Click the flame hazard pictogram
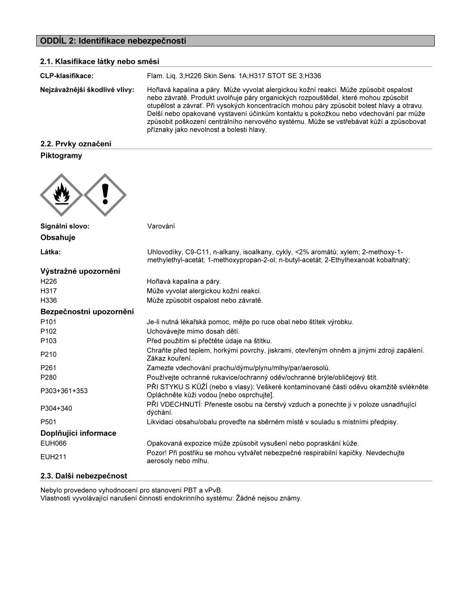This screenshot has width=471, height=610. [61, 195]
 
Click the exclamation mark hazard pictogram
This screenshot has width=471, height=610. [105, 195]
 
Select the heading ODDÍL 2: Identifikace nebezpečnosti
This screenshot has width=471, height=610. [113, 41]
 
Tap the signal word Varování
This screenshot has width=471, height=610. [161, 226]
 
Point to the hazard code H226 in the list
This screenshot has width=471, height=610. [49, 282]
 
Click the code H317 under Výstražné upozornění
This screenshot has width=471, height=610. [49, 291]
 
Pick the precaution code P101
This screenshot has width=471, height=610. [49, 322]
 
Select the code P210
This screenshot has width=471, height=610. [49, 355]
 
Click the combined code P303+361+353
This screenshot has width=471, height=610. [64, 391]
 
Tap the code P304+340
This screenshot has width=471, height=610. [56, 408]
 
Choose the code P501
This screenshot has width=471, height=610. [49, 422]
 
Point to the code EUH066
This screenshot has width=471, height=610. [53, 444]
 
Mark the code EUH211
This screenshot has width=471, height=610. [53, 457]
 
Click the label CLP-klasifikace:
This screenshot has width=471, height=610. [67, 76]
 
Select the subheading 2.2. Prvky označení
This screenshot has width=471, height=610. [76, 144]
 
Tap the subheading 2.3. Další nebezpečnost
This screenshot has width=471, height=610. [84, 476]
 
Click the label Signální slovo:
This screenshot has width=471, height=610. [65, 226]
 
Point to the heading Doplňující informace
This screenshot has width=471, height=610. [79, 433]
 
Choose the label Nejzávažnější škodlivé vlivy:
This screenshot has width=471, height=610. [87, 90]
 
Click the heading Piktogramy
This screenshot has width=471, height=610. [61, 156]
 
